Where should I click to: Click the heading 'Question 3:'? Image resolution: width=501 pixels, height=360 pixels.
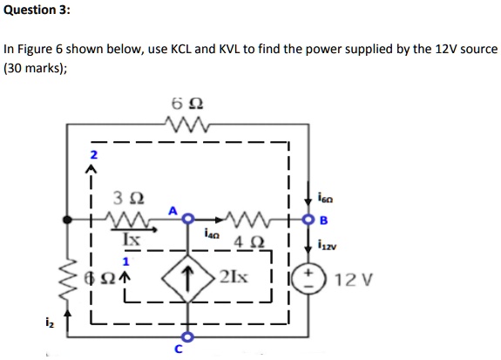click(37, 10)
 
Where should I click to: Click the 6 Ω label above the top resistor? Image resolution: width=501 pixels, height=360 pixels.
click(187, 104)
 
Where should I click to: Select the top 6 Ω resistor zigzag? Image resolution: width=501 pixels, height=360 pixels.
click(187, 125)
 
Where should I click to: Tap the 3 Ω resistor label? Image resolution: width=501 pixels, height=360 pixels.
click(129, 198)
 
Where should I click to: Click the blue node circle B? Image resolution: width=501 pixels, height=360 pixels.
click(308, 220)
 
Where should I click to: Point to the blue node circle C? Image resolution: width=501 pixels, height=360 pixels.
click(188, 336)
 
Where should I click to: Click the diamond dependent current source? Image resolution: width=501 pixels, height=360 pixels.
click(188, 278)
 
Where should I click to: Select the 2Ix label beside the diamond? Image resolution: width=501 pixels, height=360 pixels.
click(234, 277)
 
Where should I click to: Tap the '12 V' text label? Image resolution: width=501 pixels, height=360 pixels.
click(354, 280)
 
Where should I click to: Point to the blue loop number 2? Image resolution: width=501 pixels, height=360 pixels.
click(93, 155)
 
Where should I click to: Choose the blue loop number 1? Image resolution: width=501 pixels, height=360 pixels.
click(125, 262)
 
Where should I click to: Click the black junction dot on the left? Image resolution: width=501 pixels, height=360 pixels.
click(67, 220)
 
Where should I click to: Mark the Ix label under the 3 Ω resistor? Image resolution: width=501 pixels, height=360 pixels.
click(132, 239)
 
